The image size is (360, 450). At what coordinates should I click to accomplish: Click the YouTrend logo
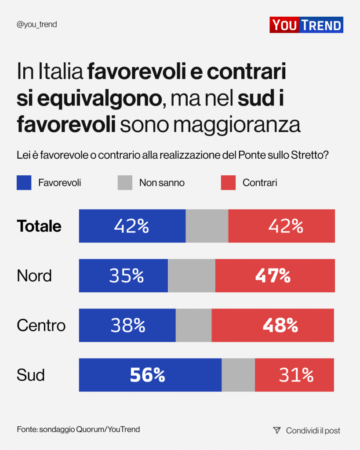click(306, 25)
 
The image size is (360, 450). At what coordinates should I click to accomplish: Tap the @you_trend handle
click(36, 25)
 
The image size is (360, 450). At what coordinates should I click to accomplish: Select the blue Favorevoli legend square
click(24, 183)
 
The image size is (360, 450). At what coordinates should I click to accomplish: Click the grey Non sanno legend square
click(125, 183)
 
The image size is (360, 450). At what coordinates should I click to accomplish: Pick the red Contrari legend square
click(228, 183)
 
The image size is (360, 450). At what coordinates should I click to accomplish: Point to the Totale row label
click(39, 226)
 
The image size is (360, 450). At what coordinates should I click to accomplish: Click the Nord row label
click(34, 276)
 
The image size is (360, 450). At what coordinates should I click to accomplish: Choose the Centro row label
click(41, 325)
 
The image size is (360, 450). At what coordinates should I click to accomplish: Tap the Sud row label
click(31, 375)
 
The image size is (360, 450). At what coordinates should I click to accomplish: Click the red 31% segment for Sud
click(295, 375)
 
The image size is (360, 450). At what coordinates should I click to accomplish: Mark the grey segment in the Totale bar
click(207, 226)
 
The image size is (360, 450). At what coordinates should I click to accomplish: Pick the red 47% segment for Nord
click(275, 276)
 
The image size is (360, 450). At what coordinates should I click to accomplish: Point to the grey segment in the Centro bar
click(193, 325)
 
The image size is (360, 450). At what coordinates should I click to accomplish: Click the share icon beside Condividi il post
click(276, 430)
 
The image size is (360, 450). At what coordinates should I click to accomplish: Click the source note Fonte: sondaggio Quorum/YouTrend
click(78, 429)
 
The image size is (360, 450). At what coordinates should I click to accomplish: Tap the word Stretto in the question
click(308, 155)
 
